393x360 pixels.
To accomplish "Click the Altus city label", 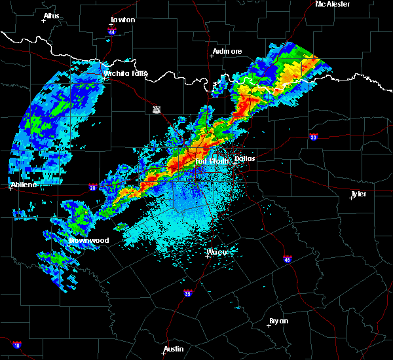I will (51, 16).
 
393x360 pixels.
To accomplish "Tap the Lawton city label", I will (122, 20).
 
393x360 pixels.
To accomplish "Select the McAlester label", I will (333, 4).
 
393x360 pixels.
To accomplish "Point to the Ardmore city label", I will (227, 51).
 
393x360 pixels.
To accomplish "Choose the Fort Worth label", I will (210, 160).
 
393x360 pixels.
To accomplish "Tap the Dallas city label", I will (245, 158).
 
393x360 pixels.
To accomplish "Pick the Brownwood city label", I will (90, 240).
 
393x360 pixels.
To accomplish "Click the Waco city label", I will (217, 252).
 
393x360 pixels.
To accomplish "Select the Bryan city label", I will (278, 321).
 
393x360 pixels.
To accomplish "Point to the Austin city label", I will (174, 349).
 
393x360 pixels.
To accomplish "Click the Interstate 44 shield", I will (112, 31).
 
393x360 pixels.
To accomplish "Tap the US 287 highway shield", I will (156, 109).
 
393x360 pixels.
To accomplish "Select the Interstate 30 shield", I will (314, 137).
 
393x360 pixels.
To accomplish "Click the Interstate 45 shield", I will (288, 259).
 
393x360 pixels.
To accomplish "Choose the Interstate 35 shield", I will (188, 293).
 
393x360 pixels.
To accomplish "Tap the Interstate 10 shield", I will (16, 345).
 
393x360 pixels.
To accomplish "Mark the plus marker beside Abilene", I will (12, 189).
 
